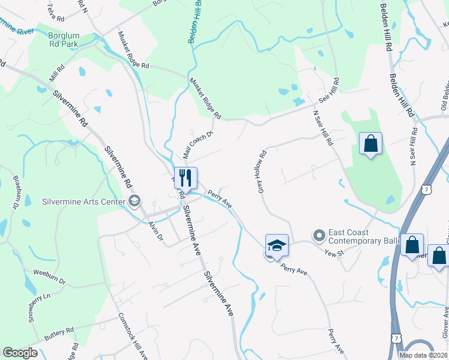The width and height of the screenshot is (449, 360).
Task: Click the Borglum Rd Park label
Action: (64, 39)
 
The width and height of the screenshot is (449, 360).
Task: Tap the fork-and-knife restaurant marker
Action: (186, 178)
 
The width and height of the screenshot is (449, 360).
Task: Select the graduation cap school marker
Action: (277, 245)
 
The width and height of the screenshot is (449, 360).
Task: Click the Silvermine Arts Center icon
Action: (134, 201)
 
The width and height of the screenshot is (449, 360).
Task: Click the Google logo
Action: (20, 353)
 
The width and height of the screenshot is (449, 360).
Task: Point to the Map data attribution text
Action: (423, 355)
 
